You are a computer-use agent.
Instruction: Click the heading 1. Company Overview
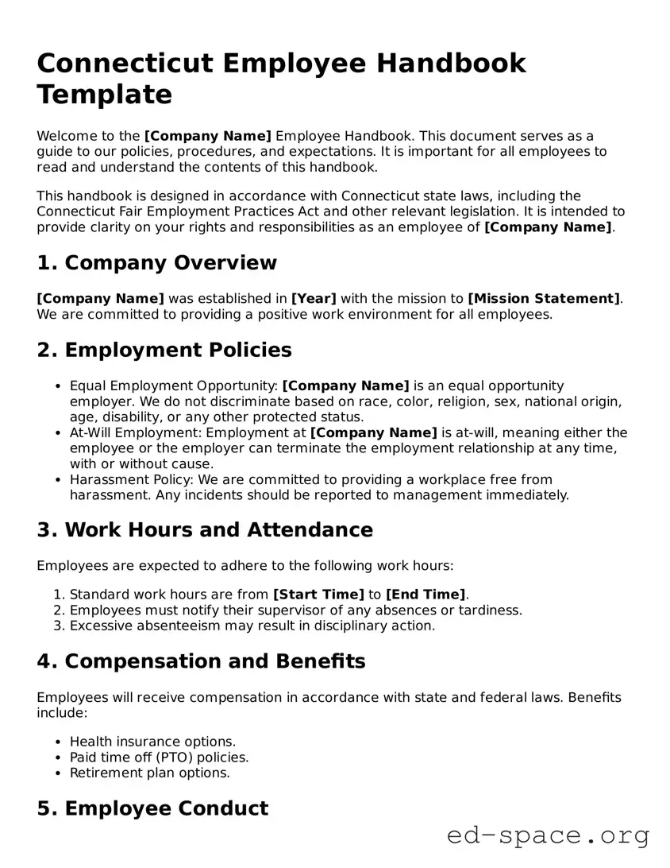click(x=156, y=263)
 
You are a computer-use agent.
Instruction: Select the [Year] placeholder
click(x=314, y=299)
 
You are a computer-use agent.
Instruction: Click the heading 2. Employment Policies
click(x=164, y=351)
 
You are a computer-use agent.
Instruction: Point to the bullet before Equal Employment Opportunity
click(x=59, y=386)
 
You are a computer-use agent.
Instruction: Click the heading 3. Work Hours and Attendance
click(x=205, y=530)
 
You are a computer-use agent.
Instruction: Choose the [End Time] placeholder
click(x=425, y=595)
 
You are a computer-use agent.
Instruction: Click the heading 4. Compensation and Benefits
click(x=201, y=661)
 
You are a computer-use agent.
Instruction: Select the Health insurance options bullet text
click(x=152, y=742)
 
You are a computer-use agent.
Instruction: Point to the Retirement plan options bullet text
click(x=149, y=773)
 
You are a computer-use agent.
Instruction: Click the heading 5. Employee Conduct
click(x=152, y=808)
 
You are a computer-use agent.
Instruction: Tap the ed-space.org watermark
click(x=548, y=835)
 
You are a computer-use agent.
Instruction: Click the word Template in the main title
click(x=104, y=95)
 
